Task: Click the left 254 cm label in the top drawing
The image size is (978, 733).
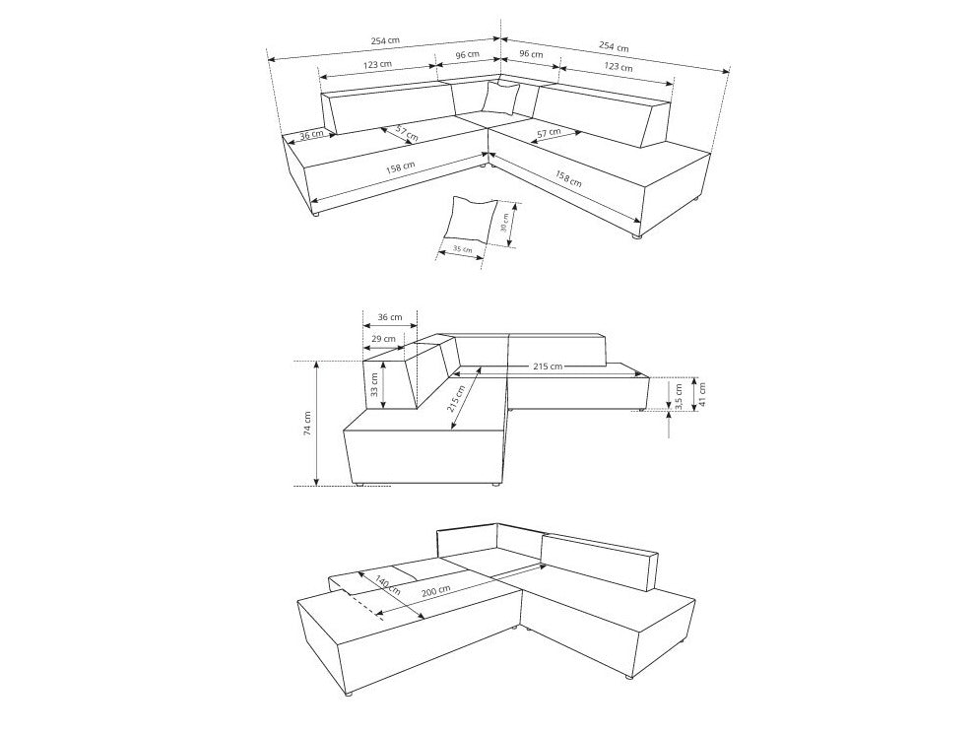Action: pyautogui.click(x=385, y=40)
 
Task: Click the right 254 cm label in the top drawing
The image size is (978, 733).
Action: pyautogui.click(x=614, y=46)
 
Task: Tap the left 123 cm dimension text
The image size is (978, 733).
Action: pyautogui.click(x=377, y=64)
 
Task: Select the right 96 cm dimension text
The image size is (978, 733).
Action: pyautogui.click(x=532, y=54)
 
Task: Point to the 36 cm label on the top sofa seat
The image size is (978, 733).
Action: pyautogui.click(x=311, y=135)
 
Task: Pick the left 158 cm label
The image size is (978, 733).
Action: pyautogui.click(x=400, y=167)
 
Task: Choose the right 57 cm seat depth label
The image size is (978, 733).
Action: pyautogui.click(x=549, y=133)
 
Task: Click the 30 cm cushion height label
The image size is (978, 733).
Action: pyautogui.click(x=505, y=222)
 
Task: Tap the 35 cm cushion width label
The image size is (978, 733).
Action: pyautogui.click(x=462, y=249)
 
